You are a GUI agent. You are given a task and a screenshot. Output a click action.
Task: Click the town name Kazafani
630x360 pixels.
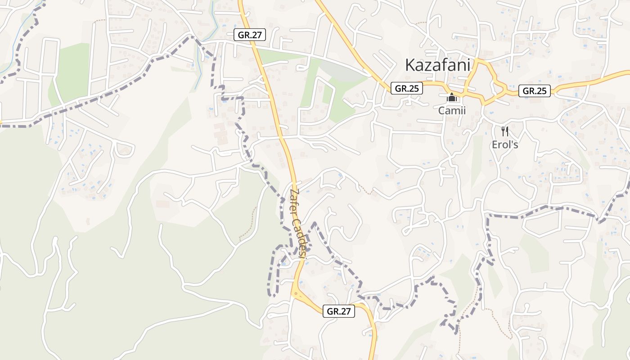tap(437, 65)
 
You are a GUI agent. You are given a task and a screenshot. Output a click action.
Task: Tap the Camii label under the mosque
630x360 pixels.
tap(452, 110)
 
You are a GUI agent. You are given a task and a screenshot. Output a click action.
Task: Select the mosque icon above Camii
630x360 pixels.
tap(452, 97)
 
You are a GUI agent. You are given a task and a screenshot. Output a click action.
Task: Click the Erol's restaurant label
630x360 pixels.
tap(504, 145)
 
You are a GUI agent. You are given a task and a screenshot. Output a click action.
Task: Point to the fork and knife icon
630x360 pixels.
tap(504, 131)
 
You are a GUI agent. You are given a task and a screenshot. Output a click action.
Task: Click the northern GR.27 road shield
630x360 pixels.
tap(250, 35)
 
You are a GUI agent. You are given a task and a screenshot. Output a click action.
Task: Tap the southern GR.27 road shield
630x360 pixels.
tap(339, 311)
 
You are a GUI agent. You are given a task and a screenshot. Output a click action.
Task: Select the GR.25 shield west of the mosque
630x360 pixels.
tap(407, 88)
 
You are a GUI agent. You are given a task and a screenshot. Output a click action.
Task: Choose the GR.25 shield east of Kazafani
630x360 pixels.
tap(535, 91)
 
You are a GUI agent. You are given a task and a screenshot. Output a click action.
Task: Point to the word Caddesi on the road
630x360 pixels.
tap(301, 237)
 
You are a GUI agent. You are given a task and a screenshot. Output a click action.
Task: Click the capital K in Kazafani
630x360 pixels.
tap(410, 65)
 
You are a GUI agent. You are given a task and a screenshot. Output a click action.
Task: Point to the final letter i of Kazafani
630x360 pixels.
tap(468, 65)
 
